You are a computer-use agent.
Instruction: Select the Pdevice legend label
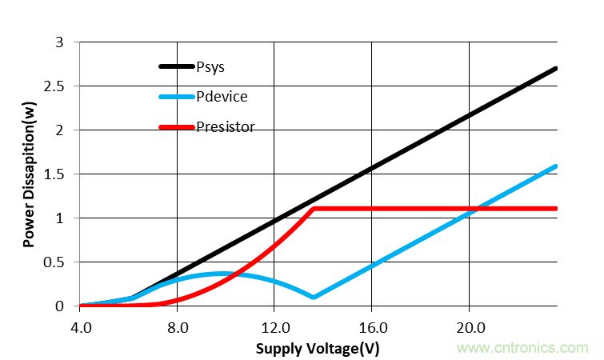(x=222, y=97)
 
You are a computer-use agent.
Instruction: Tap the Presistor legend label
(x=226, y=126)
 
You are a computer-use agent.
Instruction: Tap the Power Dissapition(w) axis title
(x=29, y=174)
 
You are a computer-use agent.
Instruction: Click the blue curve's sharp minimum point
(x=314, y=298)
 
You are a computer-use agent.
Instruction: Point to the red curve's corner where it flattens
(x=314, y=209)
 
